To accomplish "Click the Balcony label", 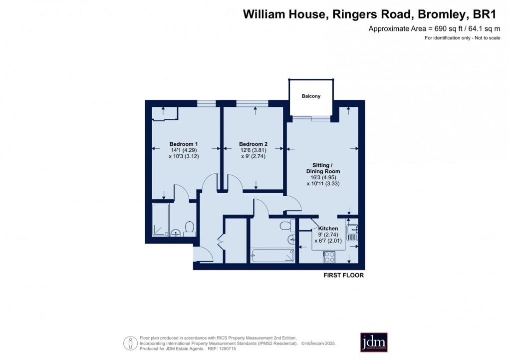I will coord(311,96).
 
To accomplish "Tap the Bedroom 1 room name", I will coord(183,144).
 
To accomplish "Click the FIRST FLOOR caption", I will coord(344,275).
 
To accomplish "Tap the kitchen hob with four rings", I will coord(329,257).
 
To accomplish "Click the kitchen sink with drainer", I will coord(353,232).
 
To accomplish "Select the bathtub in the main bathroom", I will coord(273,255).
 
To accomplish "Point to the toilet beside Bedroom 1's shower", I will coord(189,229).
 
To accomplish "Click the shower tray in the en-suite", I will coord(161,219).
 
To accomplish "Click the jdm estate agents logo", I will coord(374,343).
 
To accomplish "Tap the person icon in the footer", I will coord(130,343).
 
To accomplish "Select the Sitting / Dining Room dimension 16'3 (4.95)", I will coord(323,177).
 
